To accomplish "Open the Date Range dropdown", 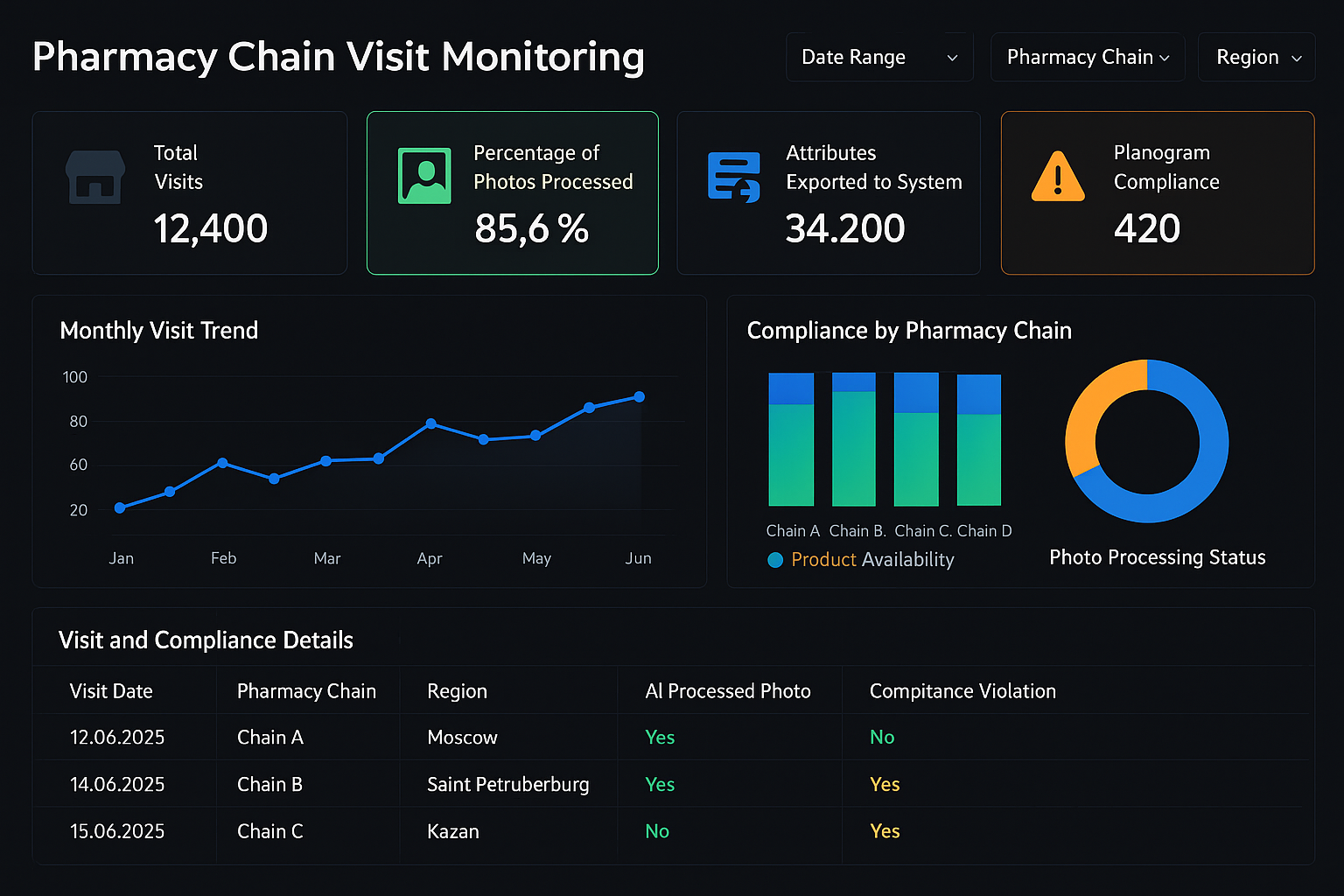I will tap(878, 58).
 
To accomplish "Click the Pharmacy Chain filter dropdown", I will tap(1087, 58).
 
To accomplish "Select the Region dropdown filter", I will tap(1256, 58).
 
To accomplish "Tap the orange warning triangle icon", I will tap(1058, 178).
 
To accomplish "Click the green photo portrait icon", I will tap(424, 176).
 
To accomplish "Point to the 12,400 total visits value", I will tap(211, 229).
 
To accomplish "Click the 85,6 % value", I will tap(531, 229).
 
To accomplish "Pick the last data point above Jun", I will tap(640, 397).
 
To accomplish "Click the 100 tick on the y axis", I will tap(75, 377).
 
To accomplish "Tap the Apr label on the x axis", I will tap(430, 558).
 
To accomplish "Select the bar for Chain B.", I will tap(853, 440).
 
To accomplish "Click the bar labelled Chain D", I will tap(978, 441).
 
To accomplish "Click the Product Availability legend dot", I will tap(775, 560).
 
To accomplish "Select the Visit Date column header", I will tap(111, 691).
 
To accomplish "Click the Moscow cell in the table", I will tap(462, 738).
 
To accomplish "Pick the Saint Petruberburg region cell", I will tap(507, 785).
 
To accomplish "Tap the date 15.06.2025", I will tap(117, 831).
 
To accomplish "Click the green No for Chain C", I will tap(657, 831).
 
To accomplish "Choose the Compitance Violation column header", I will tap(962, 691).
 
